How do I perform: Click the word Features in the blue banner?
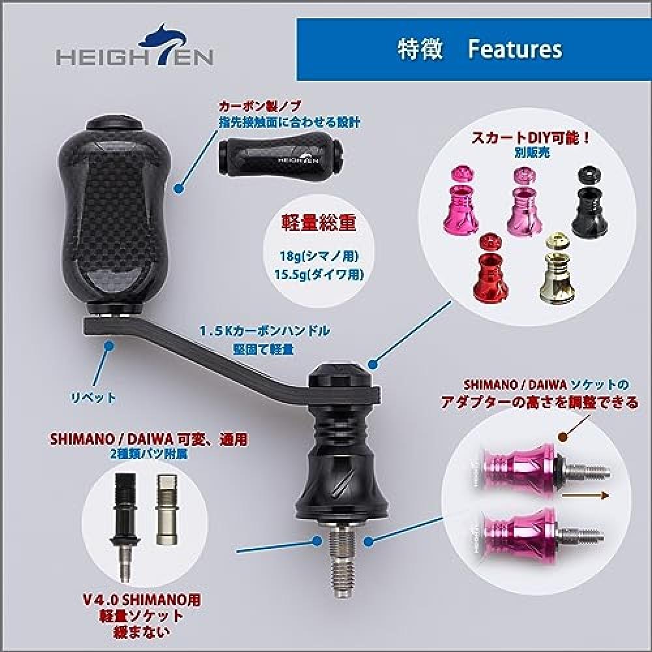(515, 50)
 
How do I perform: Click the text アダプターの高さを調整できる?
(539, 402)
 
